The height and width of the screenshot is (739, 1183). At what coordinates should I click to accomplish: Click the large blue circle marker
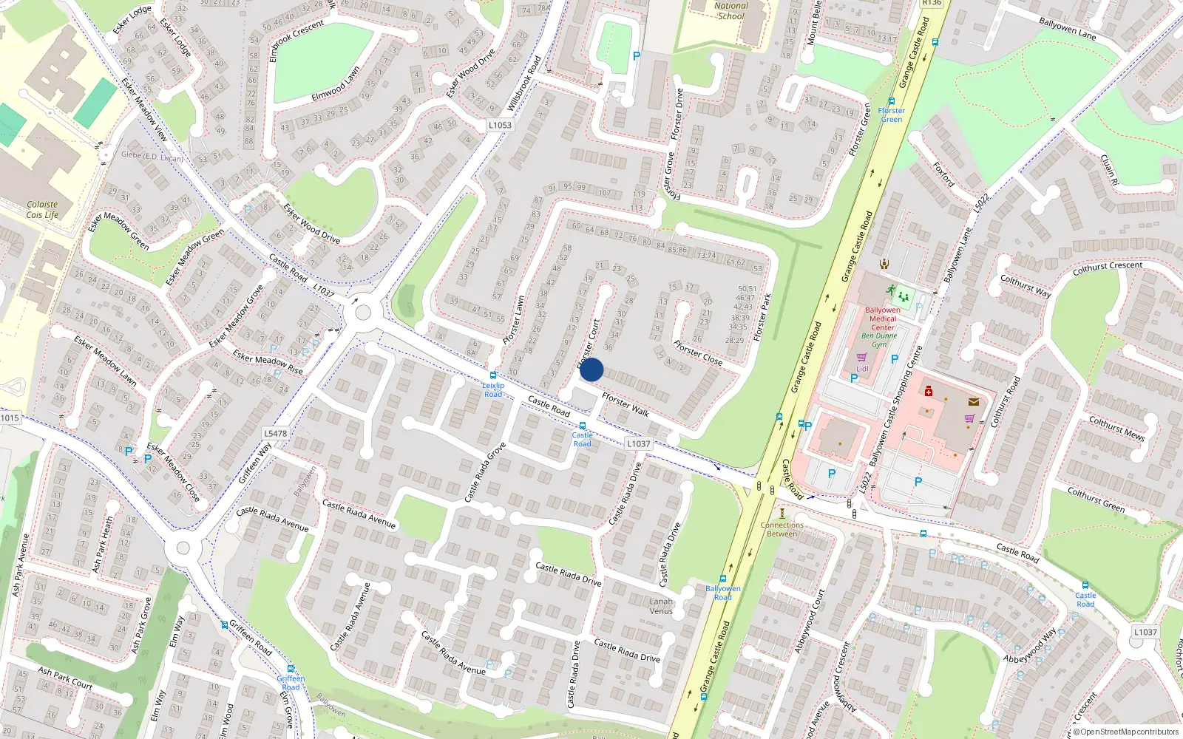tap(591, 369)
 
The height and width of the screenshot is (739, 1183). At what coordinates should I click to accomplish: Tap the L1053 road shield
tap(500, 125)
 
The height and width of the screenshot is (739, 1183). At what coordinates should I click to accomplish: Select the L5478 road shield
tap(275, 434)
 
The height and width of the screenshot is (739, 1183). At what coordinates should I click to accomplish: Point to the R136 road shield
tap(932, 3)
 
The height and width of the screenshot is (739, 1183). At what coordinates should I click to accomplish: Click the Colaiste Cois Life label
tap(42, 210)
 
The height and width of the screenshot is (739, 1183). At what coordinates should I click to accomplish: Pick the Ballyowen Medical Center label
tap(883, 319)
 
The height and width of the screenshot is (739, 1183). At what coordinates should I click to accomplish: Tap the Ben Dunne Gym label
tap(879, 340)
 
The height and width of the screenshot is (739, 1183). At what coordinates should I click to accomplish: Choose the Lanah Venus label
tap(661, 606)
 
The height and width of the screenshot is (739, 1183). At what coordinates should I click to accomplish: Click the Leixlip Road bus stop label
tap(493, 389)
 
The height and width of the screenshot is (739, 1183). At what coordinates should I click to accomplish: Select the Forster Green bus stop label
tap(892, 115)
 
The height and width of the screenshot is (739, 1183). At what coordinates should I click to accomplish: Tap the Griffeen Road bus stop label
tap(291, 682)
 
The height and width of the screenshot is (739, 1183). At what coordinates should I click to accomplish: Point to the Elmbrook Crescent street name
tap(296, 41)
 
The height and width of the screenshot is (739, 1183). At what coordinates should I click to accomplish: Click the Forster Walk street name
tap(625, 404)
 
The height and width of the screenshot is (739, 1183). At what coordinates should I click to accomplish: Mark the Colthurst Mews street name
tap(1116, 429)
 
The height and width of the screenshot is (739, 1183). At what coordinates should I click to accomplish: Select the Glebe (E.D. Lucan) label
tap(152, 157)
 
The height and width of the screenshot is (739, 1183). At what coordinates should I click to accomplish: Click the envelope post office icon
tap(974, 402)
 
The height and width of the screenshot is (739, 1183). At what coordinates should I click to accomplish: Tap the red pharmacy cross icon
tap(929, 392)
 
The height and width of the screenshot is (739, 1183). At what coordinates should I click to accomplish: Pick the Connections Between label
tap(782, 529)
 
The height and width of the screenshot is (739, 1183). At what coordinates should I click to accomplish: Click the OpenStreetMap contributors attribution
tap(1127, 732)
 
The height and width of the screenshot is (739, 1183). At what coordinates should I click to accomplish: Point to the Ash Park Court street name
tap(65, 678)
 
